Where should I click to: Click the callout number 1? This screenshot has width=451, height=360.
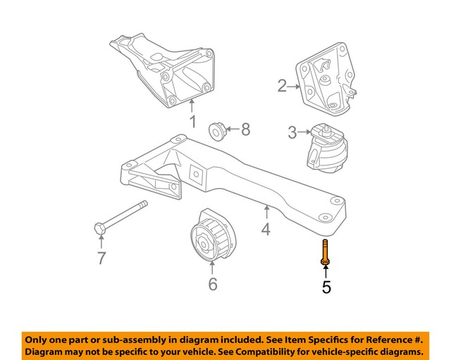192,123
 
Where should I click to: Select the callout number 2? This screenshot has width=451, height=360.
283,87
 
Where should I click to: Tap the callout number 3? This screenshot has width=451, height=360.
292,132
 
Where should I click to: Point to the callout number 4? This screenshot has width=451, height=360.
266,228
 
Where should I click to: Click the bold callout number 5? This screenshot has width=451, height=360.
326,287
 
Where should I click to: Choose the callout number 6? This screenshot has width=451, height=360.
212,284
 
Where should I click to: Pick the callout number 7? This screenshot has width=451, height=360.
101,259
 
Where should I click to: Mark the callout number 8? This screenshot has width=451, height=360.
245,129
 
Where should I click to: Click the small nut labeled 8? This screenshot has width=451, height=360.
217,130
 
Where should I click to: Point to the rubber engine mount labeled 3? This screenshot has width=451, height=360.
326,149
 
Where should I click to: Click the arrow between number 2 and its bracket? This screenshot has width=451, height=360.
295,87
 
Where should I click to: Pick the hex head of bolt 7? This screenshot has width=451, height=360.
99,228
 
